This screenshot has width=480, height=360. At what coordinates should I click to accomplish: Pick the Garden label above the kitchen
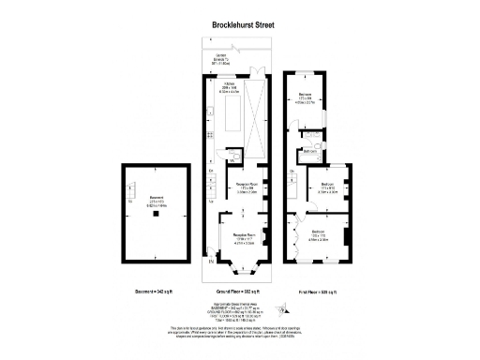click(221, 60)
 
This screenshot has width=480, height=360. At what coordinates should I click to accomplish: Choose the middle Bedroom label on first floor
click(328, 187)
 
